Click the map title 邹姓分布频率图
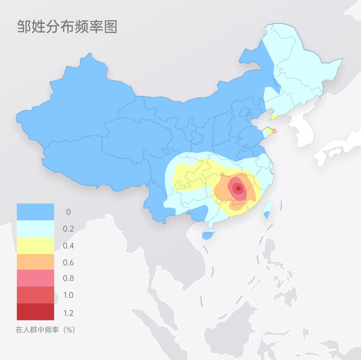(67, 27)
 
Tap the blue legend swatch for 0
(35, 212)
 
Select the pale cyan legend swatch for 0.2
(35, 229)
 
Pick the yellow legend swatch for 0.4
(35, 246)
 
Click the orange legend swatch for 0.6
(35, 262)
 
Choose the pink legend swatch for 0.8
(35, 278)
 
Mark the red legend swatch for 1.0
(35, 295)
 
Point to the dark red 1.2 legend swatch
(35, 312)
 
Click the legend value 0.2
(68, 229)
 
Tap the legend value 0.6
(68, 262)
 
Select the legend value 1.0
(68, 295)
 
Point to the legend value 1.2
(68, 313)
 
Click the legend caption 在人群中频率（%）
(45, 330)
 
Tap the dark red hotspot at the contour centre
(239, 189)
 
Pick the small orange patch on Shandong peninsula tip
(274, 131)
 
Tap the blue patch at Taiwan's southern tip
(267, 215)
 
